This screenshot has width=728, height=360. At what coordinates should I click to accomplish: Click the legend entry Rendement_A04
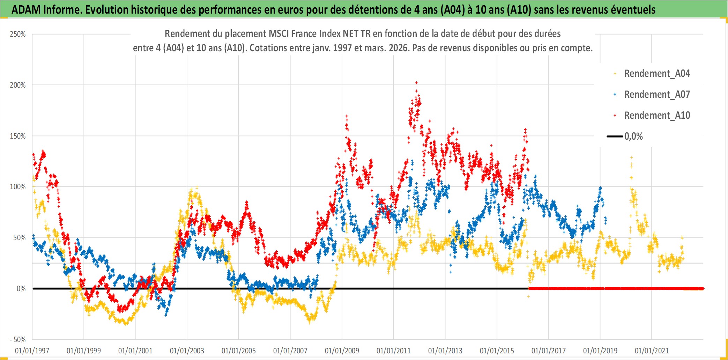657,74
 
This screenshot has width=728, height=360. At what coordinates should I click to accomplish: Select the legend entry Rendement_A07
657,95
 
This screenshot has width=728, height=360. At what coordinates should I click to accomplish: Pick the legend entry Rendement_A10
657,116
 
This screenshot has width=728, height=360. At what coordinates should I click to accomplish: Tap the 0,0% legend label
633,137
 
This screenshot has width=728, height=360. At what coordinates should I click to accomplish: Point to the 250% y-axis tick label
18,34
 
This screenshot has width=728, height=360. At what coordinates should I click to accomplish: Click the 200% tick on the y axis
18,85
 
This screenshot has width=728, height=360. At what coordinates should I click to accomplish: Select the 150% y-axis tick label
18,136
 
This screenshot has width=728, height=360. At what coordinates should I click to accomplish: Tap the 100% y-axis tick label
18,187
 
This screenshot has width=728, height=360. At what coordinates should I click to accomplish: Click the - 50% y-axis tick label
17,340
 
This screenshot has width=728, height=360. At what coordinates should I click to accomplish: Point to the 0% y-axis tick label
21,289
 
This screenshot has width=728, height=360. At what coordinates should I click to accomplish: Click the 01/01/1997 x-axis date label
32,351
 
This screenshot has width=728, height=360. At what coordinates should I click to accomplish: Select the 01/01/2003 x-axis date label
187,351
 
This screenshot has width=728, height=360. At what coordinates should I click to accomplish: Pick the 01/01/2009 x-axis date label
342,351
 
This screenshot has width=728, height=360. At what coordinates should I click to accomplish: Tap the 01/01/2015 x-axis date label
497,351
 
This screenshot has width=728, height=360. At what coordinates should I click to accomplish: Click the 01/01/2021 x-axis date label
652,351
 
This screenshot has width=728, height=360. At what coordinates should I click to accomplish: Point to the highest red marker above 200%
416,83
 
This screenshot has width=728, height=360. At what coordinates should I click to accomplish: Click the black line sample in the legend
615,137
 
